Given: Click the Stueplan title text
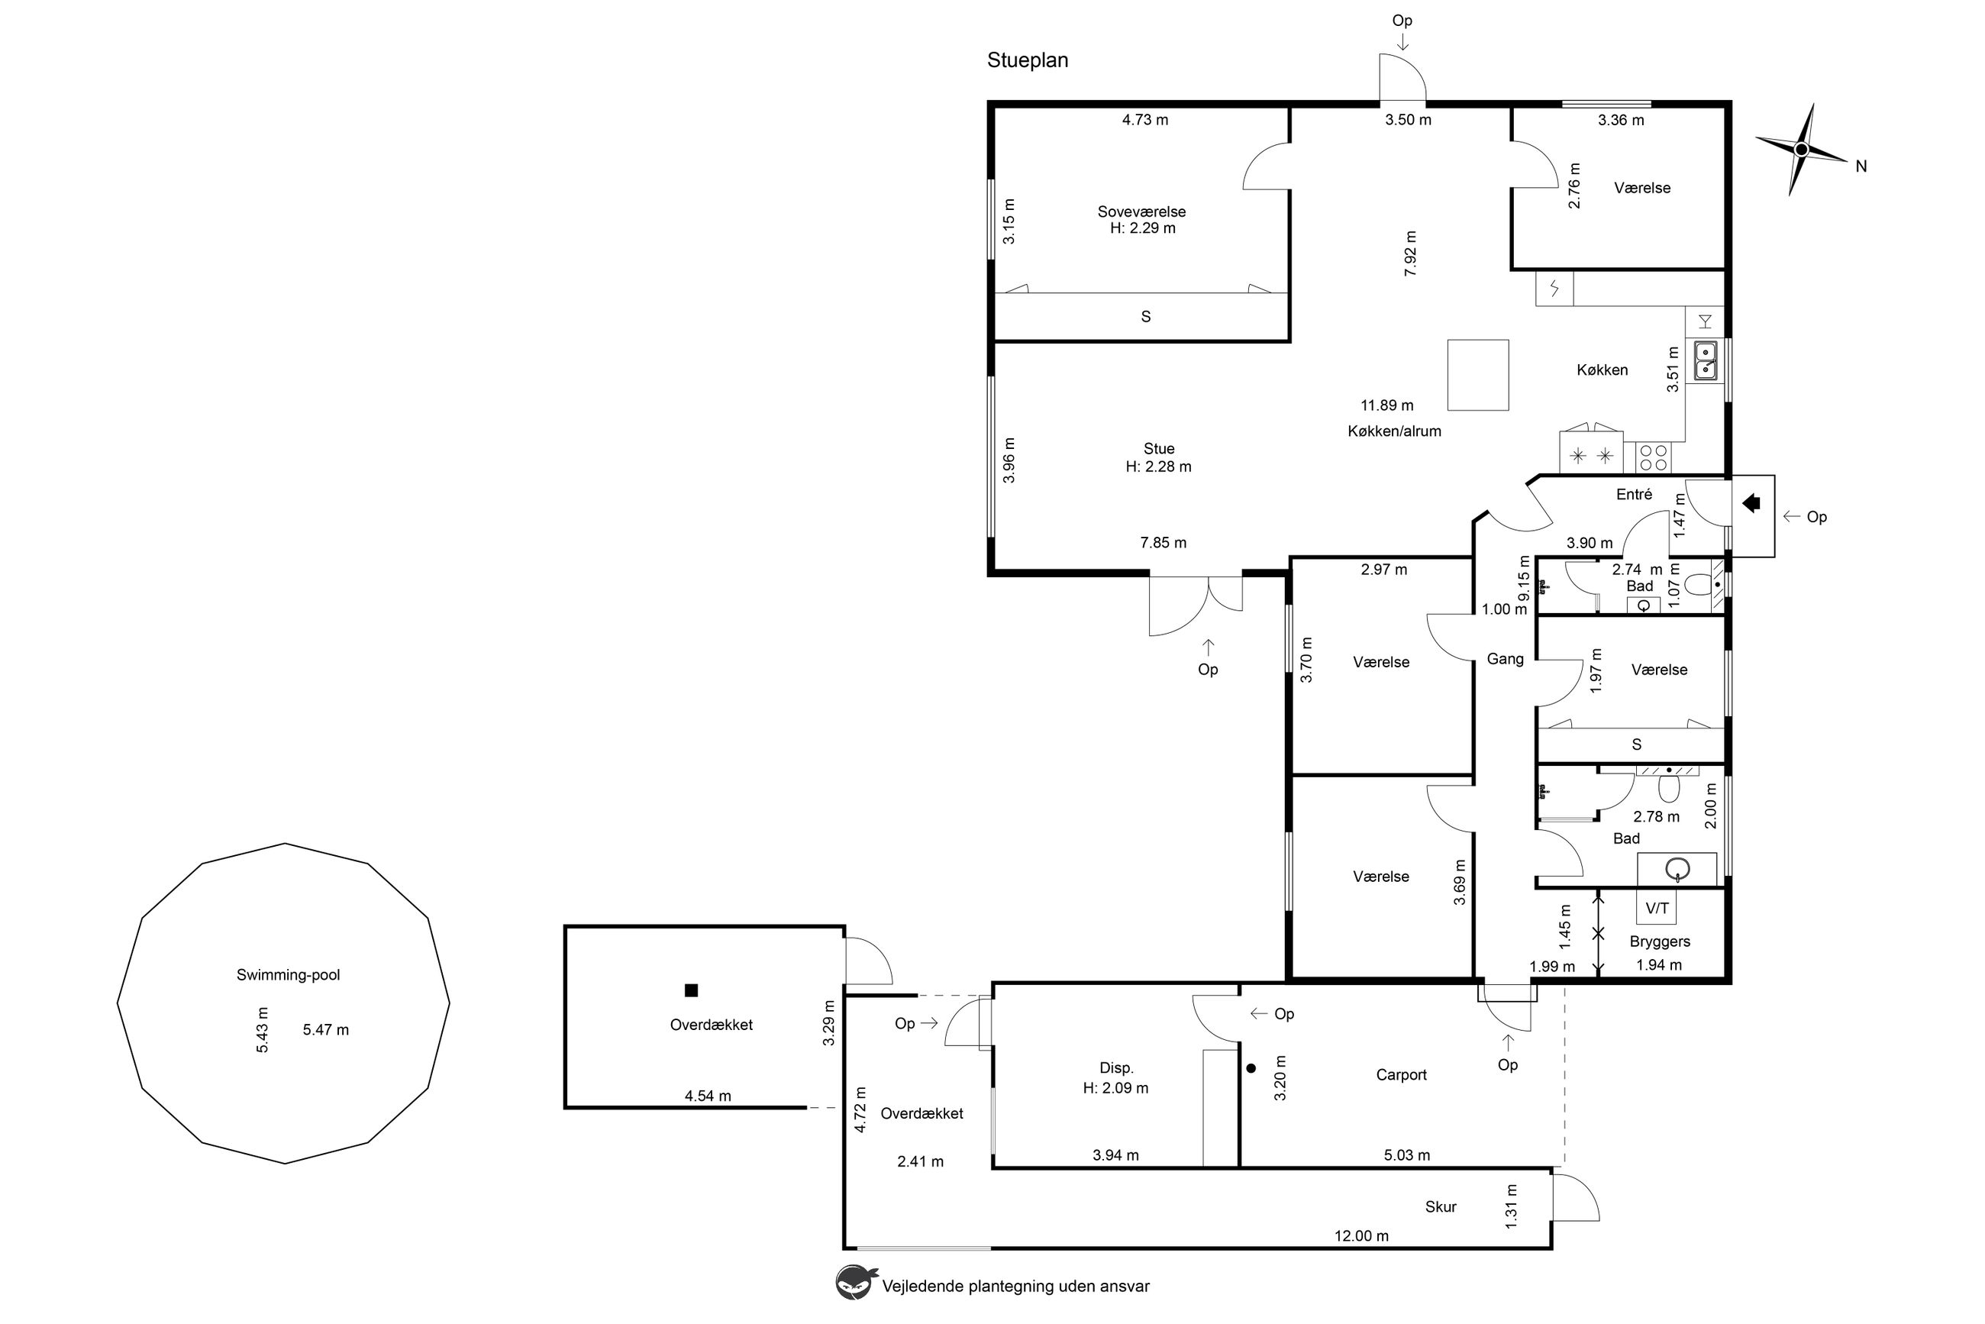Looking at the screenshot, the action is tap(1027, 61).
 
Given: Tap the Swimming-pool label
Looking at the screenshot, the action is tap(288, 974).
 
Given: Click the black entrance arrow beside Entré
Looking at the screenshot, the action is tap(1751, 503).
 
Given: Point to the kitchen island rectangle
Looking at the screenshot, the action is tap(1477, 375).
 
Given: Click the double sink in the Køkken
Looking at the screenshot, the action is tap(1705, 360).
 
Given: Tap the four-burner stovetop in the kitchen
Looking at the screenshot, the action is tap(1652, 457).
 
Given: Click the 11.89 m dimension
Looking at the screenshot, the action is tap(1386, 405).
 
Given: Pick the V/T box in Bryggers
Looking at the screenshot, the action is tap(1657, 908).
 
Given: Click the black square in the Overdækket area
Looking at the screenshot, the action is tap(691, 990).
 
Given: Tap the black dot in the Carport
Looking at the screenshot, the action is tap(1251, 1068).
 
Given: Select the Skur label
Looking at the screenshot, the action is tap(1441, 1206).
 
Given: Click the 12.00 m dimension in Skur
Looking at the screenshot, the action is tap(1361, 1235).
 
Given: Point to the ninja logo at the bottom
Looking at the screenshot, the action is tap(856, 1282).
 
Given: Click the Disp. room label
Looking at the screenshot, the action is tap(1115, 1068).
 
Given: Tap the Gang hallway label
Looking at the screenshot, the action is tap(1505, 659).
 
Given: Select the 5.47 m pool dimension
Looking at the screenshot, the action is tap(325, 1029).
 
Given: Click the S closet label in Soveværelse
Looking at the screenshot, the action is tap(1146, 317).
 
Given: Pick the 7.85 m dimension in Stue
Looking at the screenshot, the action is tap(1163, 542).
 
